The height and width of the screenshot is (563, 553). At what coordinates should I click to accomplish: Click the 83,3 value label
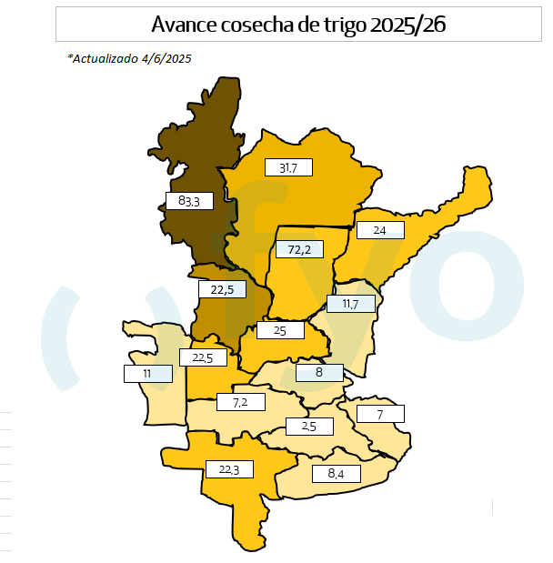(189, 200)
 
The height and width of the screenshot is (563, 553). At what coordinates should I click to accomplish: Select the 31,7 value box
(288, 167)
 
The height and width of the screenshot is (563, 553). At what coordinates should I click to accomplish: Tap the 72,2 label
(299, 249)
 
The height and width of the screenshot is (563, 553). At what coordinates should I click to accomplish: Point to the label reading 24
(379, 231)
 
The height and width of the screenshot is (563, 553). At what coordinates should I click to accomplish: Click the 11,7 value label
(350, 304)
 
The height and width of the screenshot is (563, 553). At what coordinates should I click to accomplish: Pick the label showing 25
(280, 330)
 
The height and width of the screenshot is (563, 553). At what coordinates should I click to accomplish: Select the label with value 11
(147, 373)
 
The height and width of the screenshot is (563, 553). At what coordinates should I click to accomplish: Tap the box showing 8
(319, 372)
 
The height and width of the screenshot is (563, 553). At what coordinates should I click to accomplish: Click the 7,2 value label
(241, 401)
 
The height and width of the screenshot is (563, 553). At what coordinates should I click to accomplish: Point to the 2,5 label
(308, 426)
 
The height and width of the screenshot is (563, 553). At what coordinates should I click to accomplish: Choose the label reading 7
(380, 415)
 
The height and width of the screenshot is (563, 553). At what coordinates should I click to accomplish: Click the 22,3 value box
(228, 469)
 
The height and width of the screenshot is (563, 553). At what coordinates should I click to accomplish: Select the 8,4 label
(336, 474)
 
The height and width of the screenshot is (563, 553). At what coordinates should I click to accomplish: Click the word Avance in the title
(184, 24)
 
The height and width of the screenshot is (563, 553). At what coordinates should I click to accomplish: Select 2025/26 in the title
(408, 24)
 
